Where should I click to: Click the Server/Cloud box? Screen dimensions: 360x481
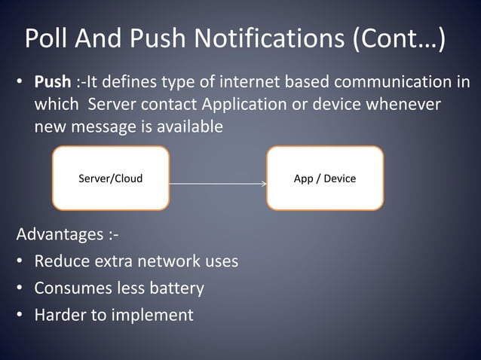pyautogui.click(x=110, y=178)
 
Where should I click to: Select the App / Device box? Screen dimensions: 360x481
pyautogui.click(x=325, y=178)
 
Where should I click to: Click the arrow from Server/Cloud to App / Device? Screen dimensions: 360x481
pyautogui.click(x=218, y=183)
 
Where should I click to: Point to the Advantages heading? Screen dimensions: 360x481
pyautogui.click(x=66, y=235)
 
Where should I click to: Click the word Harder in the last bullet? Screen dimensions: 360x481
pyautogui.click(x=60, y=315)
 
